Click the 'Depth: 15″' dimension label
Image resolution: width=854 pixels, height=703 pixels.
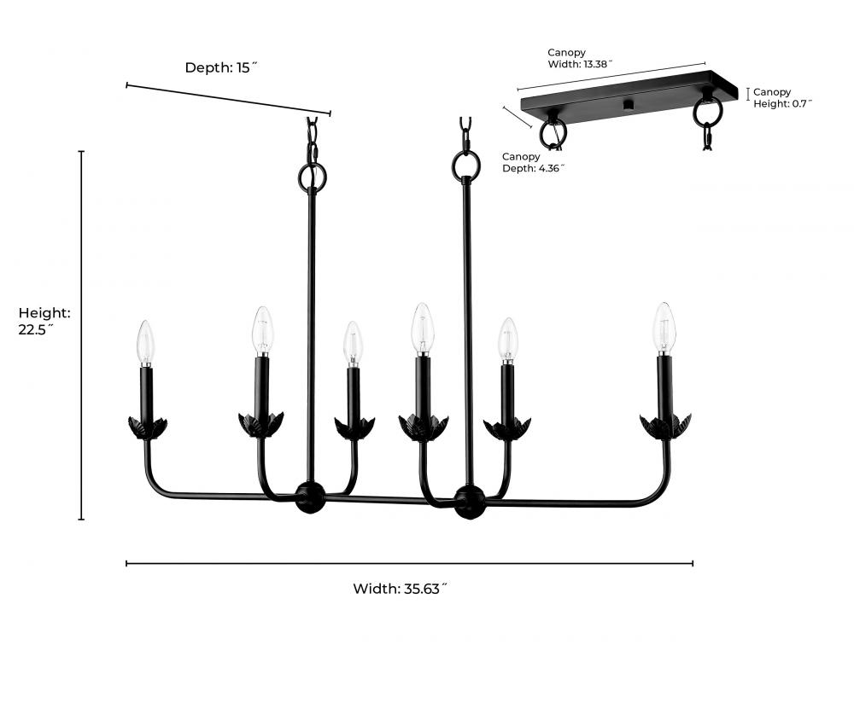click(x=221, y=67)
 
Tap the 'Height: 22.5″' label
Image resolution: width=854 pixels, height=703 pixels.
click(x=44, y=322)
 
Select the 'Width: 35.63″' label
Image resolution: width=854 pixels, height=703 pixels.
click(x=400, y=589)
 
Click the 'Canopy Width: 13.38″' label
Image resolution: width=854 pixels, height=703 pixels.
click(x=580, y=58)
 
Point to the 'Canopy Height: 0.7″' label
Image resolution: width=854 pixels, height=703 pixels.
click(x=781, y=97)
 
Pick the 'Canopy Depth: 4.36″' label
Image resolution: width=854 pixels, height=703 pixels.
click(x=533, y=162)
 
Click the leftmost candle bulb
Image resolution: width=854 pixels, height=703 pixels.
click(x=146, y=341)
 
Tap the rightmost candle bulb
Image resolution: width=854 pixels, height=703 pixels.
click(x=664, y=328)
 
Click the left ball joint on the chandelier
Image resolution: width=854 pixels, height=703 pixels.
click(x=309, y=497)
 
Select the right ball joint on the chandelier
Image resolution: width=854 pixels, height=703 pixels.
click(x=470, y=501)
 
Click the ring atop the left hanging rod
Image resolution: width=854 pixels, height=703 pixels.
click(x=313, y=177)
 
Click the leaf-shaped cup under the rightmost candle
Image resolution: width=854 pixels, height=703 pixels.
click(x=665, y=425)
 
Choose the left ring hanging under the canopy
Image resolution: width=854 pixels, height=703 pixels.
click(x=553, y=134)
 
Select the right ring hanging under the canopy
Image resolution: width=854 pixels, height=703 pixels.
click(x=708, y=112)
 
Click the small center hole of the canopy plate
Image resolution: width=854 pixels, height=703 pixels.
click(x=629, y=105)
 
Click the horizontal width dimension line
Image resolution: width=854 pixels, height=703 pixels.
click(x=409, y=563)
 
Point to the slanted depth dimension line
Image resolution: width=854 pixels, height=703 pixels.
click(x=228, y=98)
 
